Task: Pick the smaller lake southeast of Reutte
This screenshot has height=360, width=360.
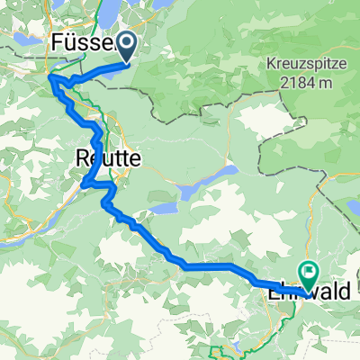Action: point(163,208)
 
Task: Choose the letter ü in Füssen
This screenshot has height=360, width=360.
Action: point(71,42)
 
